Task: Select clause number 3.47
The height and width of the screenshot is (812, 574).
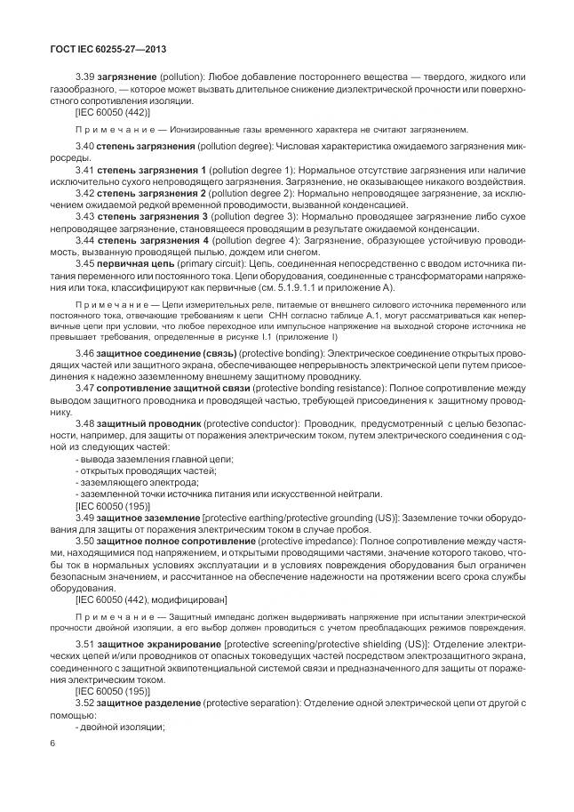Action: pos(86,390)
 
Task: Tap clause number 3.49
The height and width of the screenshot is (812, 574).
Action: pos(86,517)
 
